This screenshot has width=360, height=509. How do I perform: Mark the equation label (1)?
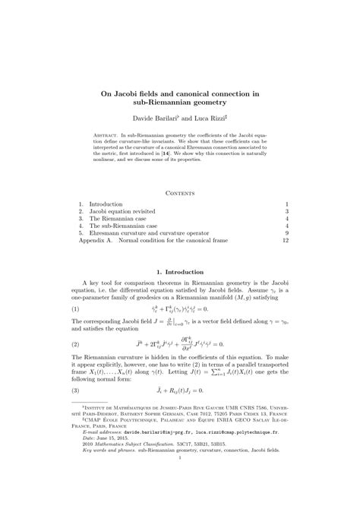tap(76, 310)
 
